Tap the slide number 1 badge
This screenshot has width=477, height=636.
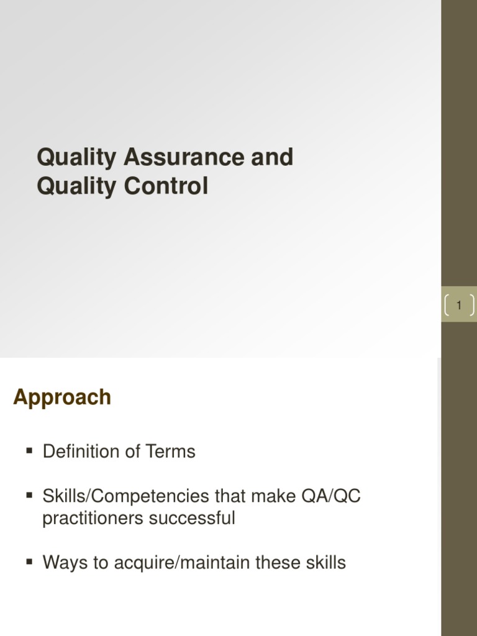tap(459, 306)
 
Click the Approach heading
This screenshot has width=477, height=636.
tap(62, 397)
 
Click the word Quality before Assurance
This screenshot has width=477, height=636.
tap(76, 157)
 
